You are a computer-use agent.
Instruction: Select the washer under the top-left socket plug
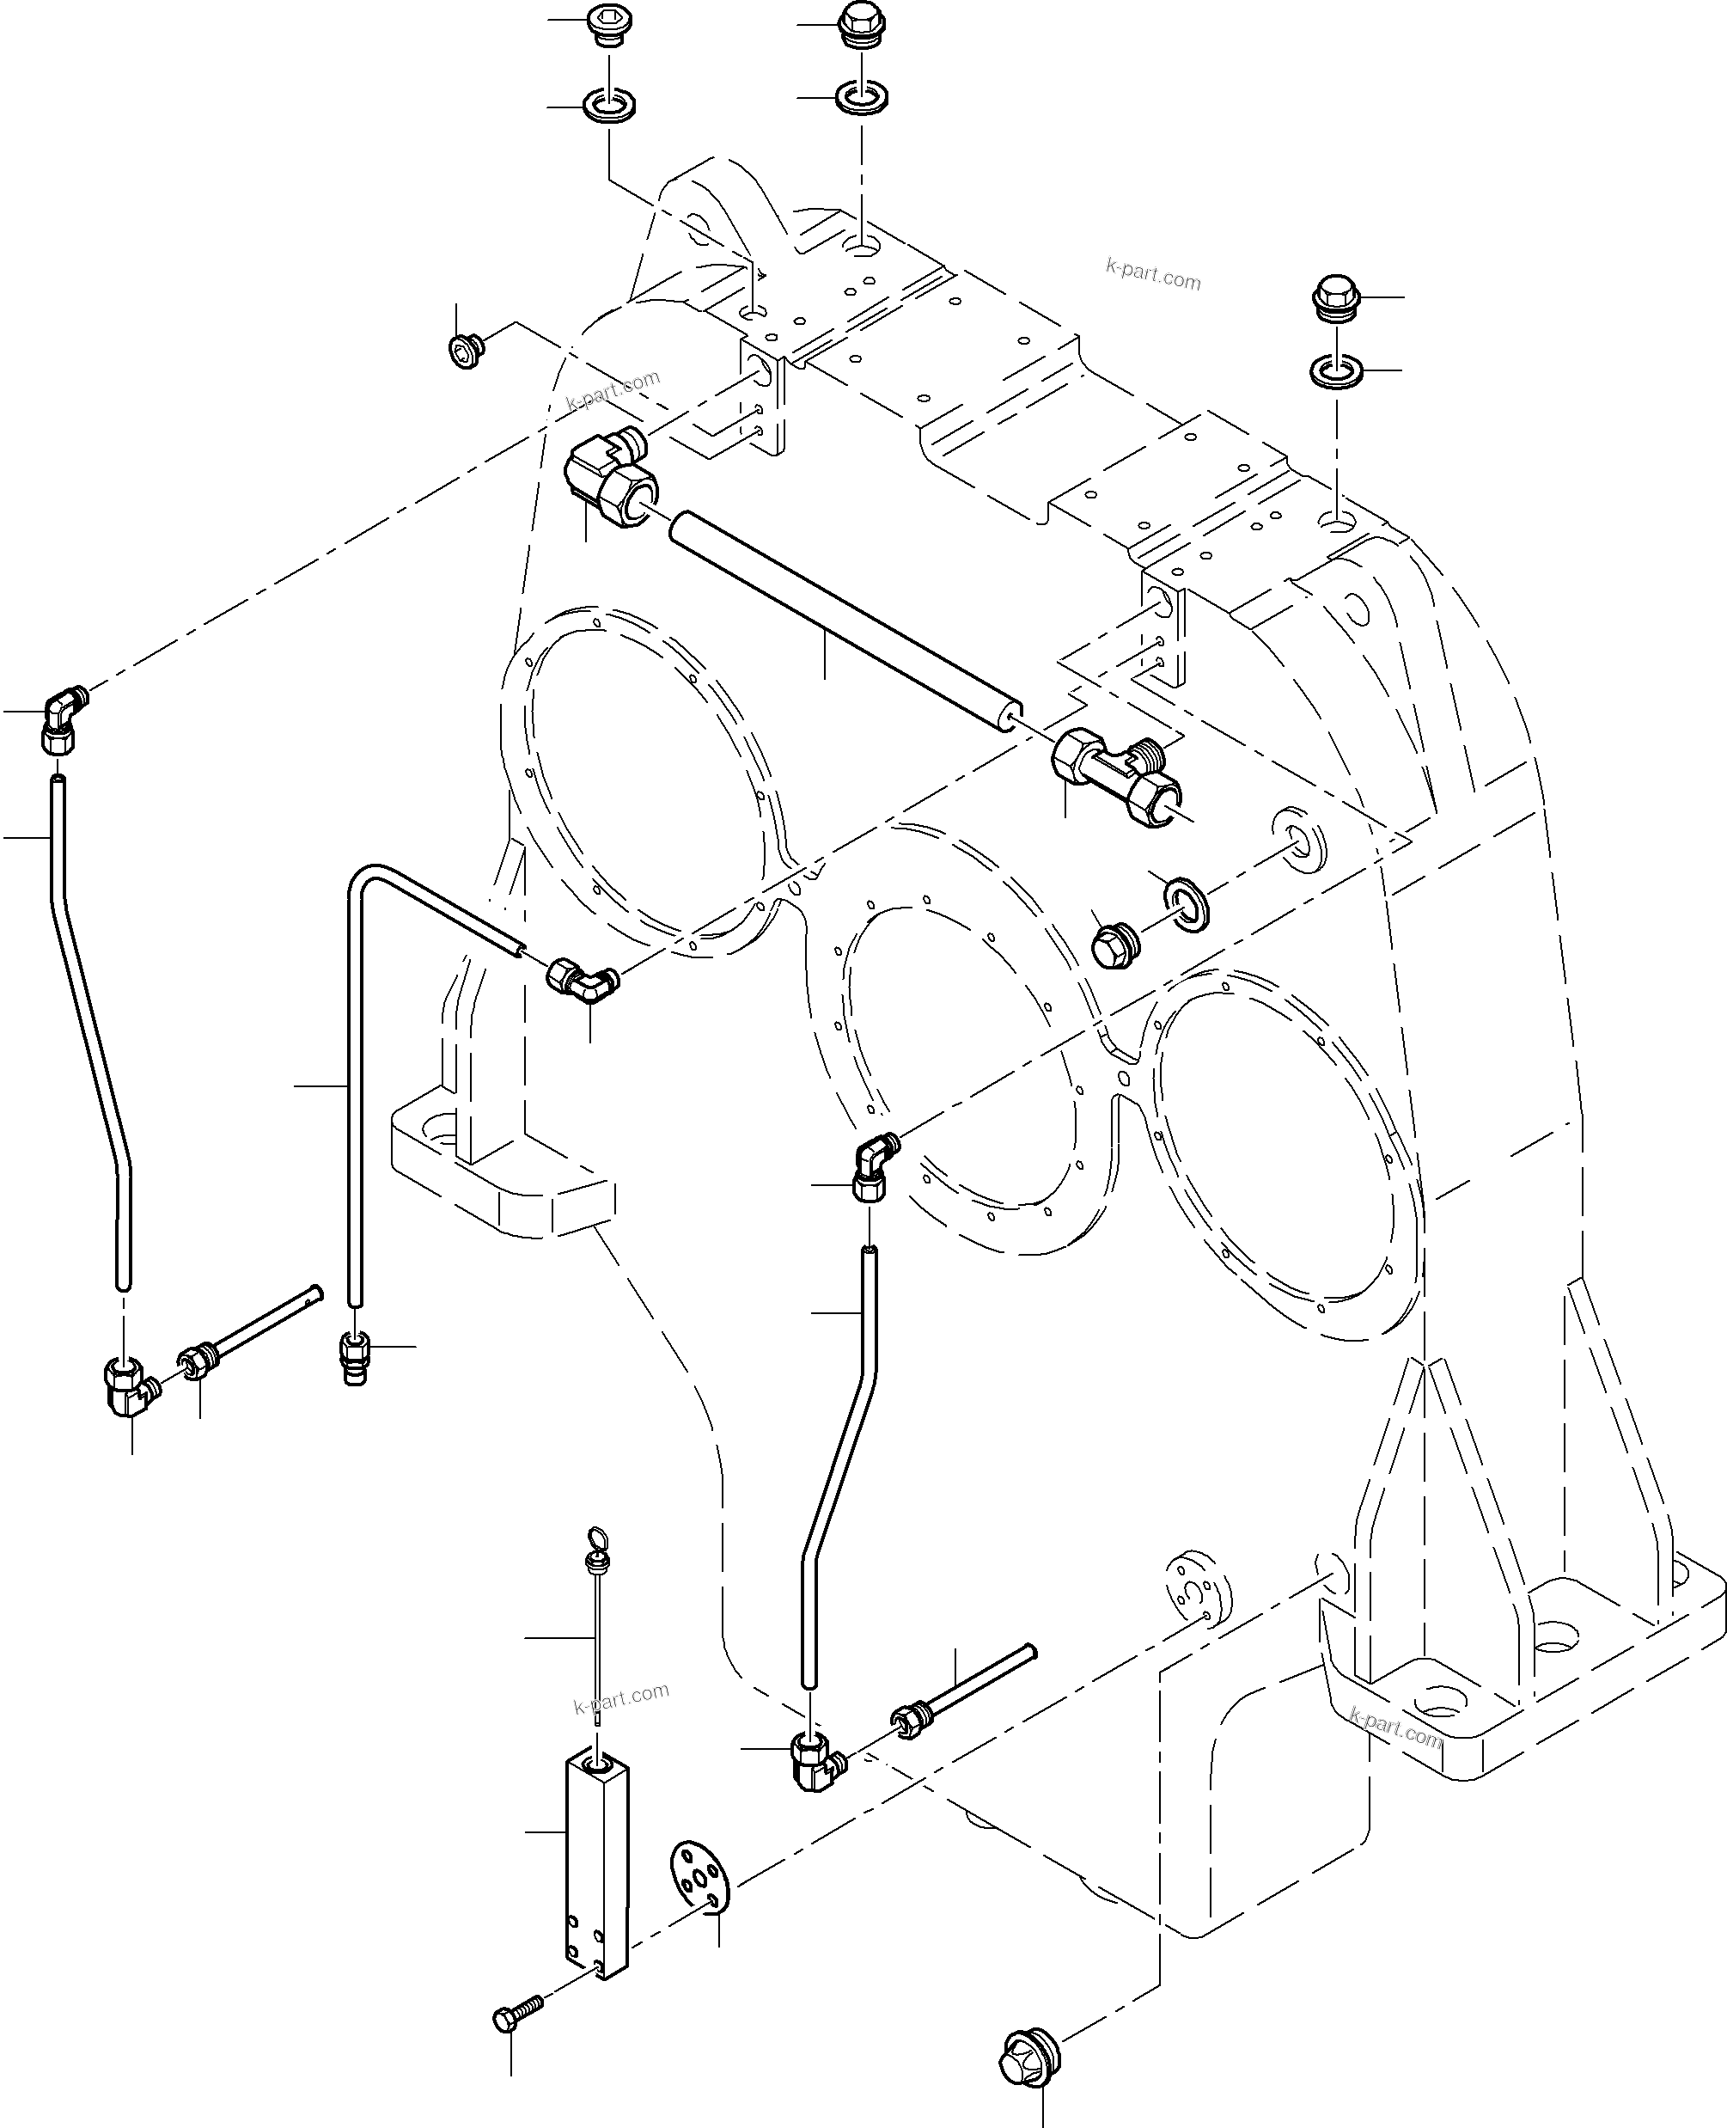(x=609, y=105)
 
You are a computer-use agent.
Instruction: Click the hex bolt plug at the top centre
(x=861, y=25)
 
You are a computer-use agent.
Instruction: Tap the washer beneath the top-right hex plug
(x=1336, y=372)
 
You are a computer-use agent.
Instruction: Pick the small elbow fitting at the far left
(x=64, y=719)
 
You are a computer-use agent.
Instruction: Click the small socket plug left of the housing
(x=465, y=350)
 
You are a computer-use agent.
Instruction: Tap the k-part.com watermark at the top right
(x=1153, y=273)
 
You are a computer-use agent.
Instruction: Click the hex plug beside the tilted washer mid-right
(x=1114, y=947)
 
